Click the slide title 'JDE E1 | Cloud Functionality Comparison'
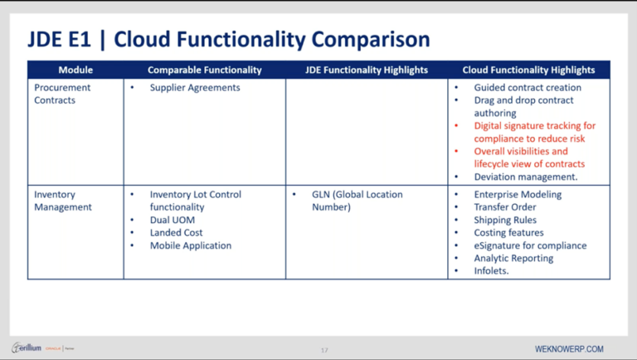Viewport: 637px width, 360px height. click(228, 39)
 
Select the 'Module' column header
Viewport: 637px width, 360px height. click(75, 71)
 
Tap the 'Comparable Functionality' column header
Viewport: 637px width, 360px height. click(205, 71)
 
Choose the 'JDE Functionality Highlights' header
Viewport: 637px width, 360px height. click(366, 71)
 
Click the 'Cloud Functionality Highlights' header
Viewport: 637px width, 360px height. click(528, 71)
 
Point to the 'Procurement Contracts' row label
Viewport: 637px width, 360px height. click(62, 94)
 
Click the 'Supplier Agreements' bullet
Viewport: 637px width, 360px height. click(195, 88)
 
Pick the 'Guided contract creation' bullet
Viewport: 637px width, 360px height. click(528, 88)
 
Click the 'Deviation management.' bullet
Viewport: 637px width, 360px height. click(526, 177)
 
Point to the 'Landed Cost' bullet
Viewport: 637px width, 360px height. click(176, 233)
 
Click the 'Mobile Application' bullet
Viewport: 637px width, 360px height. click(191, 246)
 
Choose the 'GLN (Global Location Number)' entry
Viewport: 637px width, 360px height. click(357, 201)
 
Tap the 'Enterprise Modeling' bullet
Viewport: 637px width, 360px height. click(518, 195)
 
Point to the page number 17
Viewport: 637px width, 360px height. click(324, 350)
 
